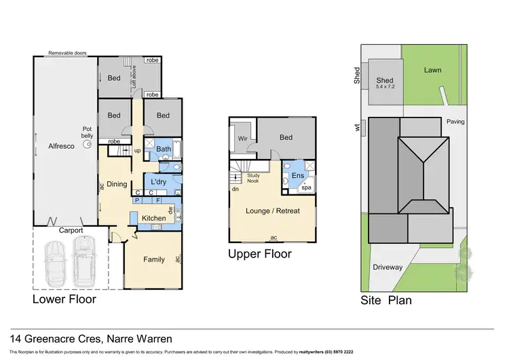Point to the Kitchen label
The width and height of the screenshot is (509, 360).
tap(154, 217)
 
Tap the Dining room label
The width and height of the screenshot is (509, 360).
tap(117, 183)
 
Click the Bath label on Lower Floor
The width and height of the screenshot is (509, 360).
tap(164, 149)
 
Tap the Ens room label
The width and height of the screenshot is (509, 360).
tap(296, 175)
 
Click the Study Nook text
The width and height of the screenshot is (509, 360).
tap(253, 177)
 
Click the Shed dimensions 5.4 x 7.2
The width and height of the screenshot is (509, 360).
tap(385, 86)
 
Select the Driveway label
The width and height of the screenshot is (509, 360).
tap(388, 267)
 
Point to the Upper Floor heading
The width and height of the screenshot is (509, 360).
tap(259, 254)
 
